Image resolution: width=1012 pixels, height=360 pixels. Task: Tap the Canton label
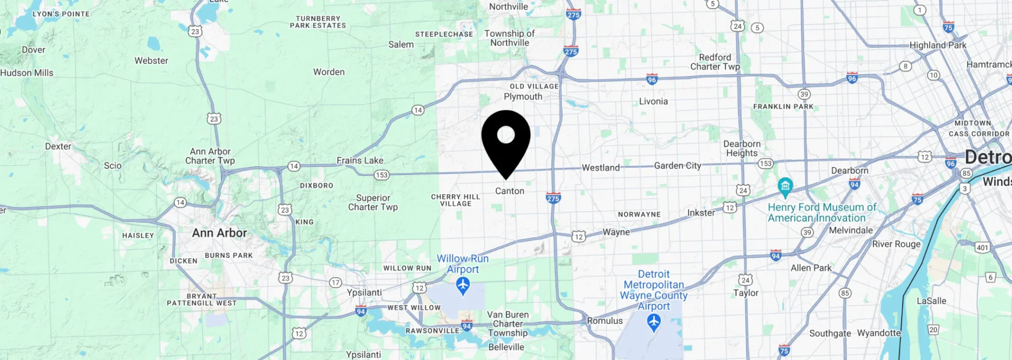[510, 191]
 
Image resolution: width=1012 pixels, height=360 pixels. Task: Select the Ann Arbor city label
[219, 233]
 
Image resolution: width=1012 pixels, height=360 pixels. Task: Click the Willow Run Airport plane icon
[463, 285]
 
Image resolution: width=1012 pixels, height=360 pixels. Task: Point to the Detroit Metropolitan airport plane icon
[654, 323]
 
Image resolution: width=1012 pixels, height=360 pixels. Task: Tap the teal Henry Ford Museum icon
[785, 187]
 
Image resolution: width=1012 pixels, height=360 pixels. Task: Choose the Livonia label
[653, 101]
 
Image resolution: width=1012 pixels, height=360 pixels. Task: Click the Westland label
[601, 168]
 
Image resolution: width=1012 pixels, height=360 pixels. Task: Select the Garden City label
[678, 166]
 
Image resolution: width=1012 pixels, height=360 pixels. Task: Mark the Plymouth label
[523, 96]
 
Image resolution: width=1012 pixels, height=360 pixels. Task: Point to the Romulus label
[605, 320]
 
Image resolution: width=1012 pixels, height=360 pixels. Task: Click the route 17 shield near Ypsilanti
[336, 283]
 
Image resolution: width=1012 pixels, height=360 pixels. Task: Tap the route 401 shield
[982, 247]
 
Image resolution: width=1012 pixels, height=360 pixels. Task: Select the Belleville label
[506, 347]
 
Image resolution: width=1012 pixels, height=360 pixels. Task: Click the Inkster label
[701, 213]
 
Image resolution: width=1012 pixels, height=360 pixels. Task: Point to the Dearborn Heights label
[742, 148]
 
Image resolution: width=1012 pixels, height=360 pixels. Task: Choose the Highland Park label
[938, 45]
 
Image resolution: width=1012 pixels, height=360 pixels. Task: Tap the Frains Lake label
[360, 160]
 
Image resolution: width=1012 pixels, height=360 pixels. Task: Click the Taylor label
[746, 293]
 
